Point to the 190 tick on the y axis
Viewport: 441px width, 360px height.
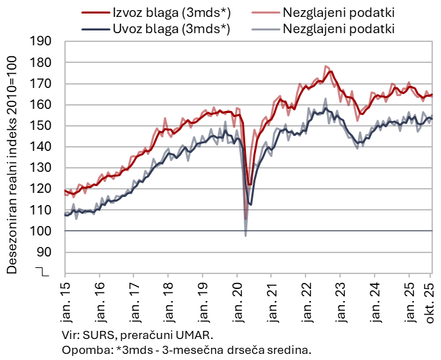[x=43, y=42]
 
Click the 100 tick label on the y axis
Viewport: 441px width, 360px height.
[x=43, y=231]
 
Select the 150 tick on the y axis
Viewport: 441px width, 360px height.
[x=43, y=126]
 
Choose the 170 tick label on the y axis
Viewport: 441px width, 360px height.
[x=43, y=84]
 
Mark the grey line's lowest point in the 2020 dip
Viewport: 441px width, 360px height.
[x=245, y=235]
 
